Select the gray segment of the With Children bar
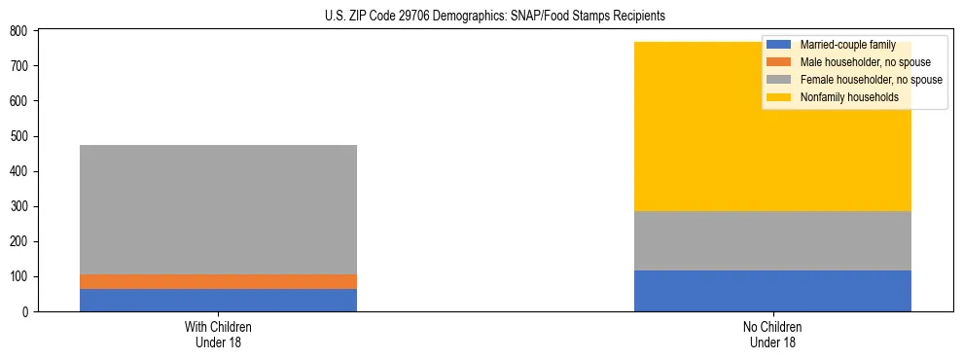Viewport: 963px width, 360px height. [218, 209]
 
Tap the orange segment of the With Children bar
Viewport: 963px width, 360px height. [218, 281]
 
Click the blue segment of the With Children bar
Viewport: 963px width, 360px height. [218, 300]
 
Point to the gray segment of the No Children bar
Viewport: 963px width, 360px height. [772, 240]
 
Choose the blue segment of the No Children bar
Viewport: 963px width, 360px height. [772, 291]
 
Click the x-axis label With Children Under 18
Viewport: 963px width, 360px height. [218, 334]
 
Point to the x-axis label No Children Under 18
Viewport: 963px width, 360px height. [772, 334]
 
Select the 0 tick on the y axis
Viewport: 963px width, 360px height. [28, 311]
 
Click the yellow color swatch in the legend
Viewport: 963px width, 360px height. [779, 97]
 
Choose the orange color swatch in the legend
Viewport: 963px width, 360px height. [779, 62]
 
